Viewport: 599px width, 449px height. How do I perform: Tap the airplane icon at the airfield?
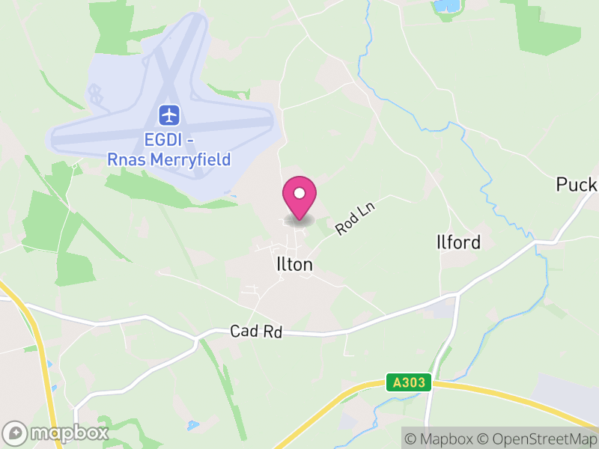click(x=169, y=115)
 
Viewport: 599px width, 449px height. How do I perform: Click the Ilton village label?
click(x=294, y=265)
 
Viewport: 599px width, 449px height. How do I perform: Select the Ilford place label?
click(x=457, y=242)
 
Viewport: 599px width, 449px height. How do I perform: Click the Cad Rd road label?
click(x=256, y=332)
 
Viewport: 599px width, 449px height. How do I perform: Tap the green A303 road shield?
click(x=410, y=382)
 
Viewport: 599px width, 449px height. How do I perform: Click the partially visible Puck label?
click(x=577, y=185)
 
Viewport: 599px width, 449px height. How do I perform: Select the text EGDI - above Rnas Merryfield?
click(x=169, y=140)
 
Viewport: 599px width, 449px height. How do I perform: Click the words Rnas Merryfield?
click(x=169, y=159)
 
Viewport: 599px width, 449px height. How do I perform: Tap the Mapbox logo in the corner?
click(x=56, y=433)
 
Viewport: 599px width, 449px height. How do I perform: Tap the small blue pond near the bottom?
click(x=193, y=425)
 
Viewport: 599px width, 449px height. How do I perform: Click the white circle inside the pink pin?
click(x=299, y=193)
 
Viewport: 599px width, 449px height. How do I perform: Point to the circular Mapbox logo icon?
click(x=15, y=433)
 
